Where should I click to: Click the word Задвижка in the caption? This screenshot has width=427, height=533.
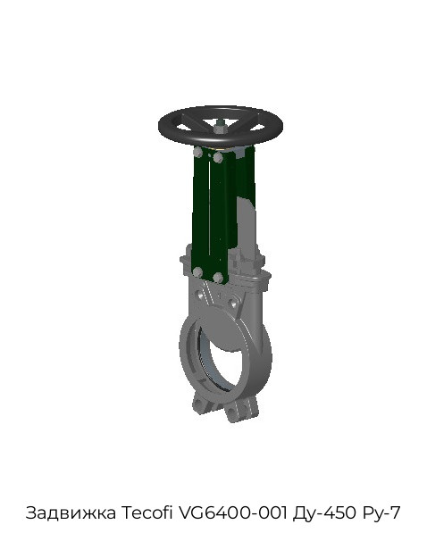(x=71, y=512)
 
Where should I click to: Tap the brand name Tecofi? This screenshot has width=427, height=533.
(x=147, y=512)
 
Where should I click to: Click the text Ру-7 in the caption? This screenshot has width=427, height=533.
(x=381, y=513)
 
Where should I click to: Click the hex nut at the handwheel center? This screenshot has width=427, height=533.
(x=219, y=129)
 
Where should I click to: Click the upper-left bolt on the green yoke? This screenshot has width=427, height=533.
(x=197, y=152)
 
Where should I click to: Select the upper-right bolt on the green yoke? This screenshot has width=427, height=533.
(x=218, y=157)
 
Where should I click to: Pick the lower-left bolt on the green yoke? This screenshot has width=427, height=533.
(x=197, y=272)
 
